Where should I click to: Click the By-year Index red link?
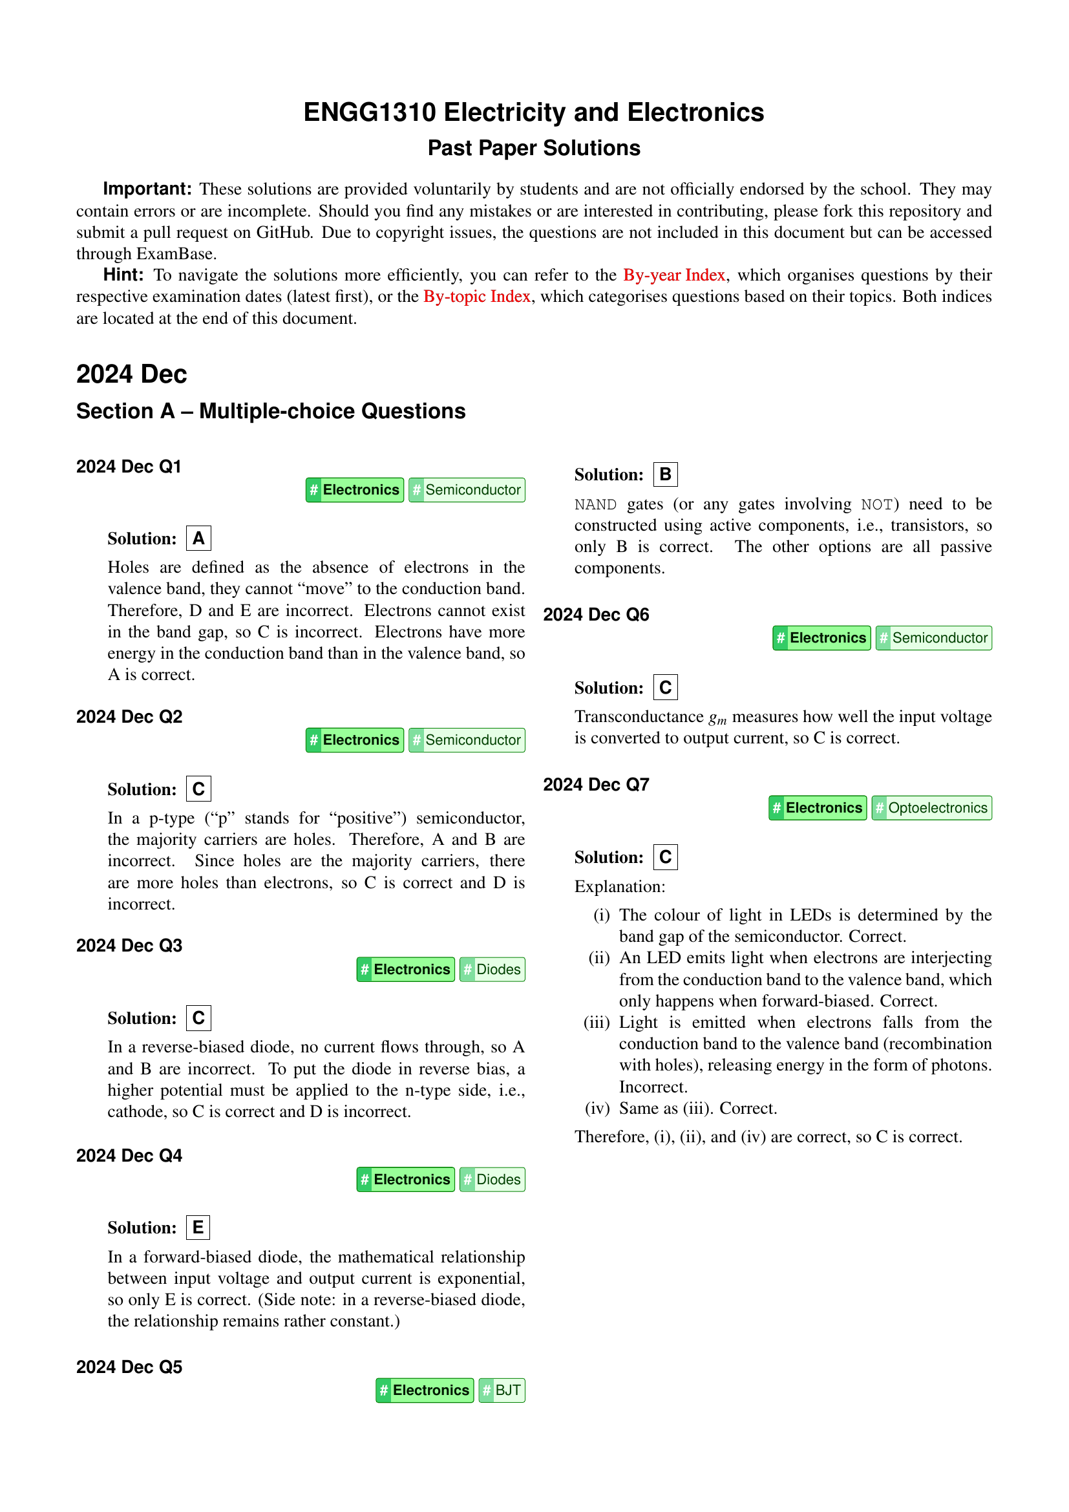(674, 275)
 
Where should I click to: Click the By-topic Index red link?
(476, 296)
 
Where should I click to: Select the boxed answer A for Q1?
(198, 538)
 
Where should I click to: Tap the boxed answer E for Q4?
(198, 1228)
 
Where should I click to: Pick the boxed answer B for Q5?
(665, 474)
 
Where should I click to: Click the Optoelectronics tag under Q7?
(931, 808)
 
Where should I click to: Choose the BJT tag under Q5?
(502, 1390)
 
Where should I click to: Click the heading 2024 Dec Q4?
(129, 1156)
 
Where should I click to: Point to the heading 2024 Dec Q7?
(596, 784)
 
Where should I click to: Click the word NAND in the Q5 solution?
(595, 504)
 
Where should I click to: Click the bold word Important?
(147, 189)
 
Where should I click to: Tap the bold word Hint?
(123, 275)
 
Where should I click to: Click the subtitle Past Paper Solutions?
(534, 148)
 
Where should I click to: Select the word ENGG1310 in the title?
(369, 112)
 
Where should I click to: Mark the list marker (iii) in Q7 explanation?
(597, 1023)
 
